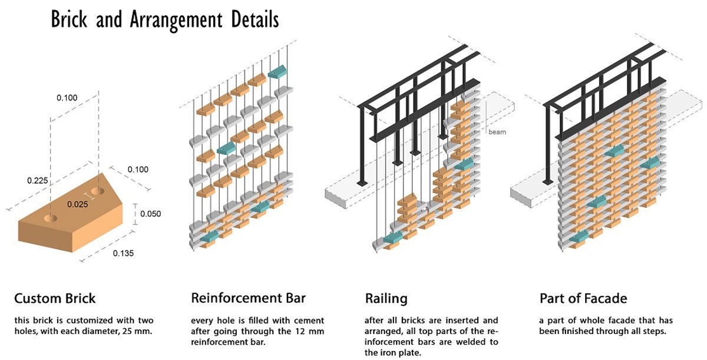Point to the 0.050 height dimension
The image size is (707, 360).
tap(151, 213)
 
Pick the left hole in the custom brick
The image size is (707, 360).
tap(51, 218)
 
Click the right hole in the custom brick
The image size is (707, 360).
tap(99, 191)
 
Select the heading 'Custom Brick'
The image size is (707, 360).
tap(54, 298)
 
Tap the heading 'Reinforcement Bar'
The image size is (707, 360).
tap(248, 298)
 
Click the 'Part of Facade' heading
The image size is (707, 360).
tap(583, 299)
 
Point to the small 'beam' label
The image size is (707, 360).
tap(497, 133)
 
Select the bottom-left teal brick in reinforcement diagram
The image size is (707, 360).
tap(210, 236)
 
